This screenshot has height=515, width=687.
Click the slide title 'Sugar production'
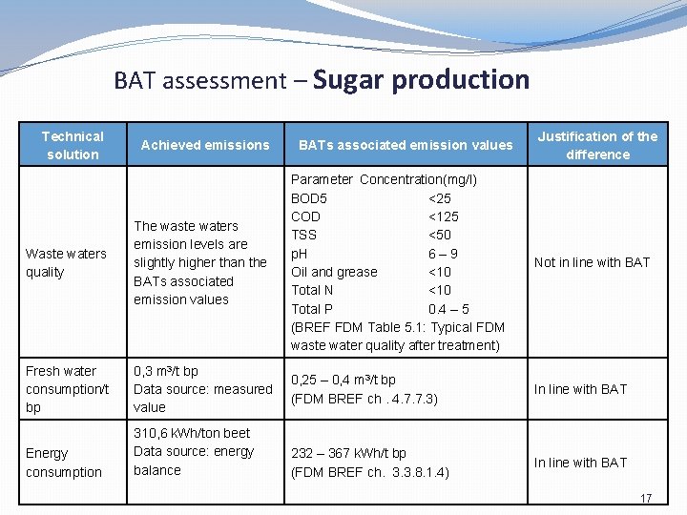coord(421,80)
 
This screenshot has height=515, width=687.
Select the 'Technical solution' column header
coord(73,145)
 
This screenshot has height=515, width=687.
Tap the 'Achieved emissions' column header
coord(205,145)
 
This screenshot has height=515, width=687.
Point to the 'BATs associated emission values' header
coord(406,145)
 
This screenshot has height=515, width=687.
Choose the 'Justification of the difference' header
coord(597,145)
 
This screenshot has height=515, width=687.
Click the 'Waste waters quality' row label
coord(66,262)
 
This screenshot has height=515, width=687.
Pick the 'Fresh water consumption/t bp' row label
coord(68,388)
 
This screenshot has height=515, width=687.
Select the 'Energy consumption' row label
coord(64,463)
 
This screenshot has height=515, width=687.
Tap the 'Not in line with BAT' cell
coord(592,262)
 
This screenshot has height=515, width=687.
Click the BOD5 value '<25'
coord(440,198)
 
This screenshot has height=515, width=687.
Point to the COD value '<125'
coord(444,216)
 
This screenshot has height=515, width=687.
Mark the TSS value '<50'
coord(440,235)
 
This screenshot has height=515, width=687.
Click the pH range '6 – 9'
coord(443,254)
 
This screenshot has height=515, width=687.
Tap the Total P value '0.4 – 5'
coord(448,309)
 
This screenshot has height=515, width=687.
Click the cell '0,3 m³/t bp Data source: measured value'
coord(202,388)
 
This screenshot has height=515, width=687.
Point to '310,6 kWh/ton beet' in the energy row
coord(192,433)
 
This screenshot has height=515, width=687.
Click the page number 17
coord(646,499)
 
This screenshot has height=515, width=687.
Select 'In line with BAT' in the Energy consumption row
coord(580,463)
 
